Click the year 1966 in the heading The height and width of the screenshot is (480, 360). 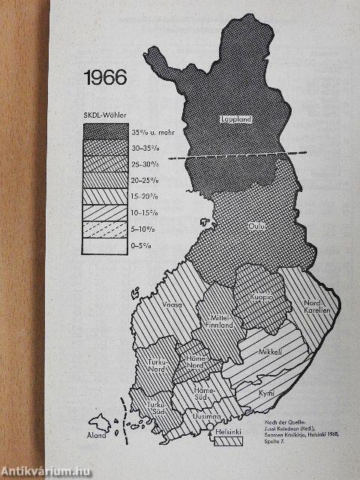pyautogui.click(x=106, y=77)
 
